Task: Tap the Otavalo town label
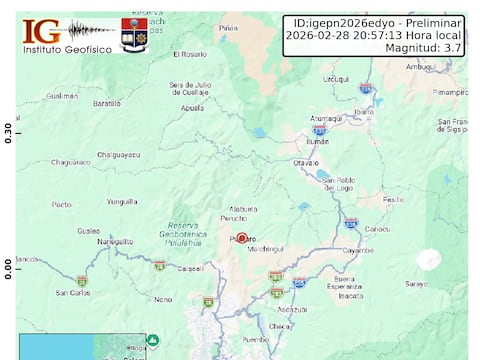coord(305,162)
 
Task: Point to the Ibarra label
coord(363,112)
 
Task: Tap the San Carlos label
coord(73,293)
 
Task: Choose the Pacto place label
coord(62,204)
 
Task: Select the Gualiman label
coord(62,96)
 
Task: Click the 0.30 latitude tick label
coord(8,133)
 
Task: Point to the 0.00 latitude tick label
coord(8,269)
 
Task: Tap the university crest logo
coord(134,34)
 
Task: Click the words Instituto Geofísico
coord(66,49)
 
